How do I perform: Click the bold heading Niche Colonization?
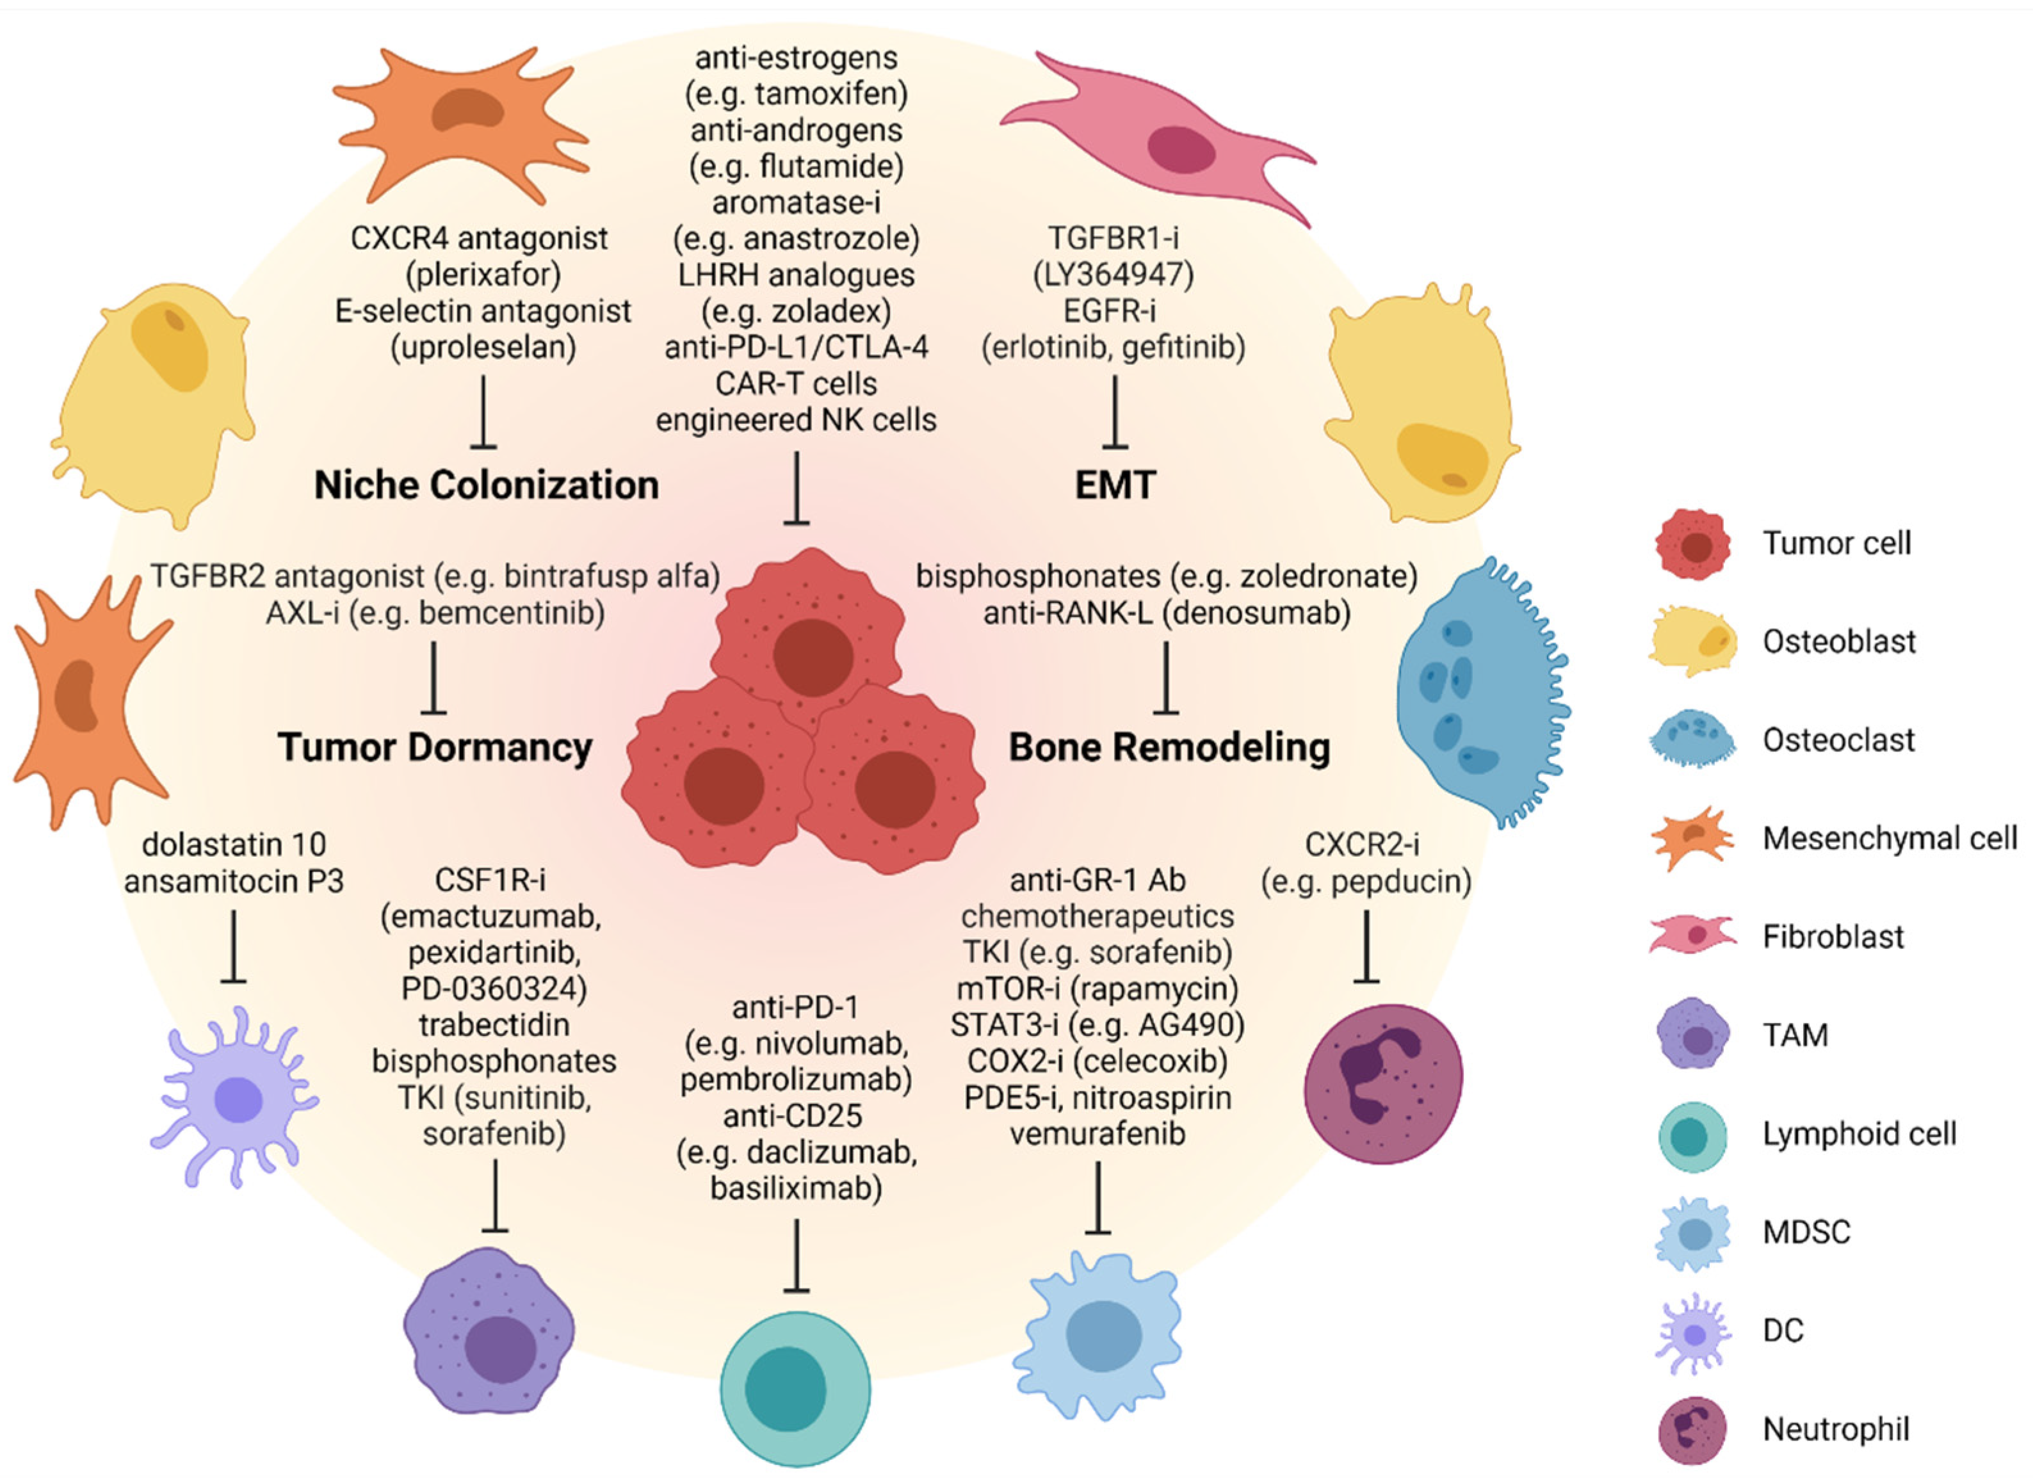[x=486, y=485]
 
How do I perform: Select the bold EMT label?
[x=1115, y=485]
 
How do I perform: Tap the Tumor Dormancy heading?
[x=435, y=747]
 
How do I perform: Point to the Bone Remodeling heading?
[x=1169, y=747]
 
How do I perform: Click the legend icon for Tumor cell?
[x=1692, y=544]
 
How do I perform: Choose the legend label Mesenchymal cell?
[x=1890, y=838]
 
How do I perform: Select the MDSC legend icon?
[x=1692, y=1234]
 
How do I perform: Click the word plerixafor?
[x=484, y=274]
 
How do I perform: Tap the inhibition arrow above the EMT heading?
[x=1115, y=412]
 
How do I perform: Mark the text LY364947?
[x=1114, y=274]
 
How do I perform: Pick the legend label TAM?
[x=1795, y=1035]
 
